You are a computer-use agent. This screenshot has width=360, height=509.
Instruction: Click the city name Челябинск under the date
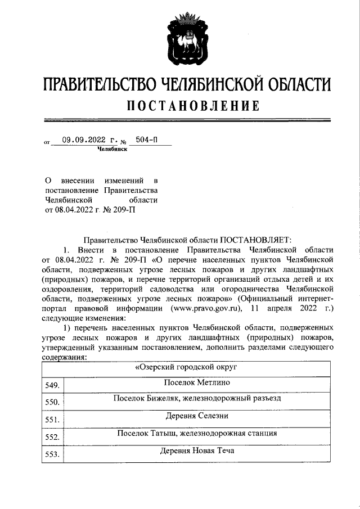point(112,150)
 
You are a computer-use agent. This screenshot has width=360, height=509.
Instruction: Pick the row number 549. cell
point(52,385)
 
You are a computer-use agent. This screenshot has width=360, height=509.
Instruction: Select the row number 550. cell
point(52,403)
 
